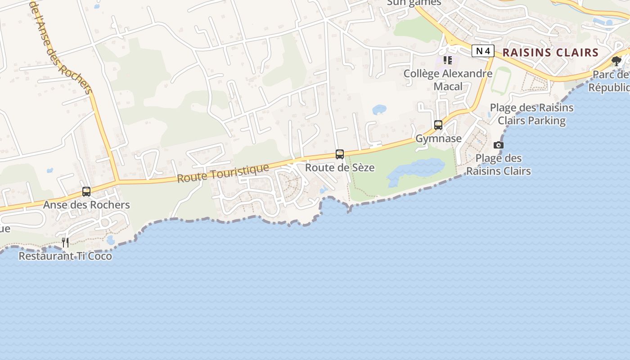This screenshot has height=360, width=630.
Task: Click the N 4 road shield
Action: [x=483, y=51]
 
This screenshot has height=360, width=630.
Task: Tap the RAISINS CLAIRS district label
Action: [x=550, y=52]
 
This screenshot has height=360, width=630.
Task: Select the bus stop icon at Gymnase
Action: [x=438, y=125]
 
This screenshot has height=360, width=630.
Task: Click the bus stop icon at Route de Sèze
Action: [x=340, y=154]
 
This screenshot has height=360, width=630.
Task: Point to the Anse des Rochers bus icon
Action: [x=86, y=192]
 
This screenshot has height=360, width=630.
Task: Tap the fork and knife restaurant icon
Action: [x=65, y=243]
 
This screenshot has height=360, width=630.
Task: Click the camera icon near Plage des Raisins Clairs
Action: [x=499, y=145]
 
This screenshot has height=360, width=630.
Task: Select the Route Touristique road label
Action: [x=223, y=173]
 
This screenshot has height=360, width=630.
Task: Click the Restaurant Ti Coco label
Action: [x=65, y=256]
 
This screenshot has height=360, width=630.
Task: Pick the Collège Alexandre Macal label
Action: [x=448, y=80]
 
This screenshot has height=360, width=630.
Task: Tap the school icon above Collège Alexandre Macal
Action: [x=447, y=60]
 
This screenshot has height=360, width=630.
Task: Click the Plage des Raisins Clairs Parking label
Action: [x=531, y=114]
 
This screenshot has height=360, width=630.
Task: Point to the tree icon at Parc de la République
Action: [x=616, y=61]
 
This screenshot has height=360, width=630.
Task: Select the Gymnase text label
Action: [x=438, y=138]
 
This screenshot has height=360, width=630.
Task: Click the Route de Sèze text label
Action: [x=340, y=167]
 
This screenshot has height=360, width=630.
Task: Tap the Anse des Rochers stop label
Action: [x=86, y=205]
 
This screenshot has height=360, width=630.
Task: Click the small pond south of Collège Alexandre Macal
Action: [x=379, y=109]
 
